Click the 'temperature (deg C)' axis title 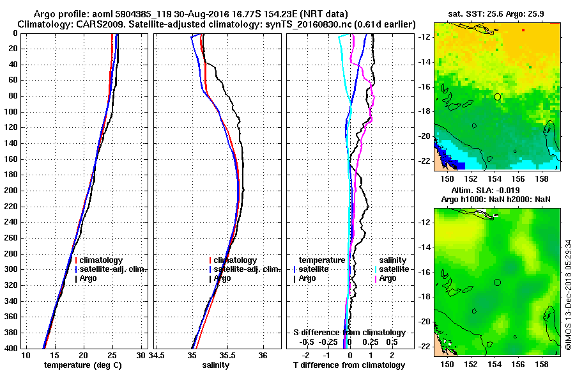click(x=82, y=365)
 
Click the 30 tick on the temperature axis click(x=141, y=355)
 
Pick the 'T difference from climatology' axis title click(x=349, y=365)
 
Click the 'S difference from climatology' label click(x=349, y=333)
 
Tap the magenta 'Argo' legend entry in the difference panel click(x=388, y=278)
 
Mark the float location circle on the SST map click(x=497, y=97)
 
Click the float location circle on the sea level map click(x=497, y=282)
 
